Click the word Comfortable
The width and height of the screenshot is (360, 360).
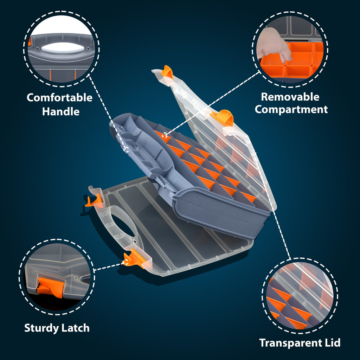[x=59, y=98]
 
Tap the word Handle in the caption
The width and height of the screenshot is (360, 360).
[x=61, y=111]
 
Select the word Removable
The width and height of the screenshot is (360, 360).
[x=290, y=97]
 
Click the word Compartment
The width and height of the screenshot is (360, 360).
[x=291, y=110]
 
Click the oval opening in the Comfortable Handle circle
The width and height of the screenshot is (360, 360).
[x=63, y=48]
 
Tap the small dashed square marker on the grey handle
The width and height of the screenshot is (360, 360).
[x=126, y=149]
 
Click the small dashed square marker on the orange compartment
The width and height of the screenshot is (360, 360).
[x=165, y=135]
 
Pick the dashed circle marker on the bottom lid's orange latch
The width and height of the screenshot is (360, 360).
[x=126, y=262]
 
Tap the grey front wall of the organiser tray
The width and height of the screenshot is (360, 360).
[x=220, y=213]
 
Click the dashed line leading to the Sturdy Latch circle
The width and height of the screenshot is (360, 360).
[x=108, y=266]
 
